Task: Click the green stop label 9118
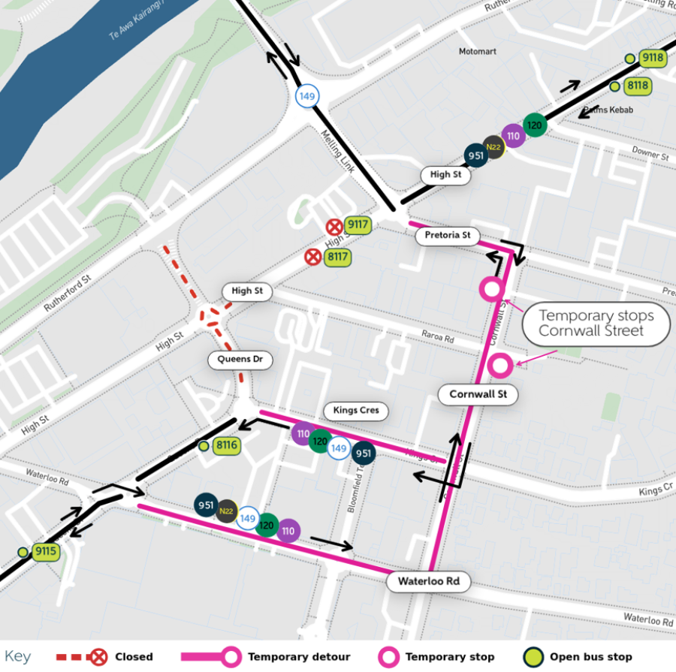651,58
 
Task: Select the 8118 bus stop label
637,86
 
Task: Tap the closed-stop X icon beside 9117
333,226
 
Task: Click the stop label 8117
337,258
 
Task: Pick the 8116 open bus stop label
226,446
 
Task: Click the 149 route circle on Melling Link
307,96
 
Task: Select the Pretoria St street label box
447,236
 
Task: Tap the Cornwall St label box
478,394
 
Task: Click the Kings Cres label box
356,411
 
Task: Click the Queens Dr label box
240,360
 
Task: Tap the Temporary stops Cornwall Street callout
596,324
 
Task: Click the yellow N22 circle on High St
493,147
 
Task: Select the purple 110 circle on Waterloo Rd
288,531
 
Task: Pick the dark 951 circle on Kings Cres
363,454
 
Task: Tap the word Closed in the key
134,657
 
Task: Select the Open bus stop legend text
591,657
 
